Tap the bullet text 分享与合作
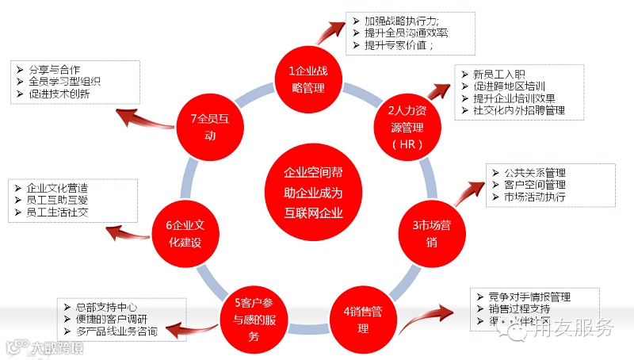click(59, 69)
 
